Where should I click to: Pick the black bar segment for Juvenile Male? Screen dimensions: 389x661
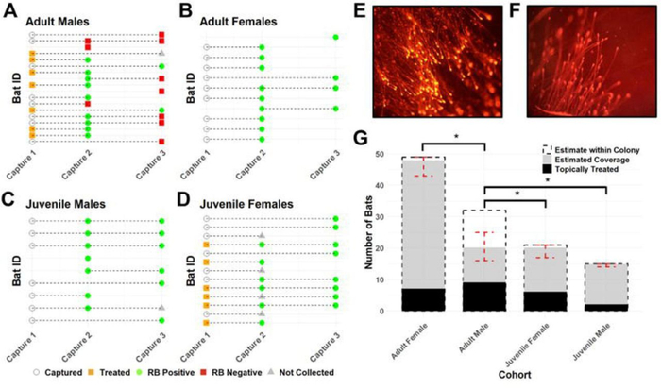[x=602, y=308]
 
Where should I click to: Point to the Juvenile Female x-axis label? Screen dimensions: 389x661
[x=542, y=340]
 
